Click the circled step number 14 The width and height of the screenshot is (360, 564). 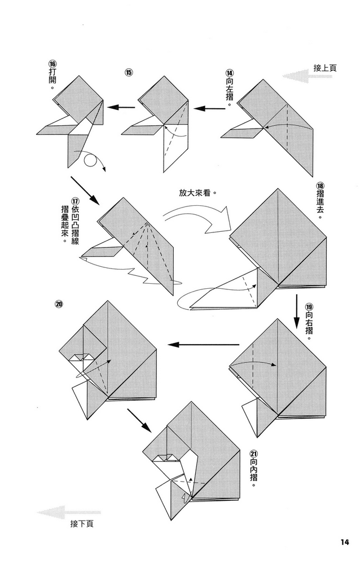[x=230, y=73]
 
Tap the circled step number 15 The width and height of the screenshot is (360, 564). [x=129, y=73]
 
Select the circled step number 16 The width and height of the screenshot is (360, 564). [x=51, y=64]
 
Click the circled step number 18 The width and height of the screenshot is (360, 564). [x=320, y=186]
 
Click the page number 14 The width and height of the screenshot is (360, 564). [x=345, y=543]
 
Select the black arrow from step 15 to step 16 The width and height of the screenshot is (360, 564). [x=121, y=107]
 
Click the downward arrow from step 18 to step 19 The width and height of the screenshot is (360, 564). [x=297, y=310]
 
